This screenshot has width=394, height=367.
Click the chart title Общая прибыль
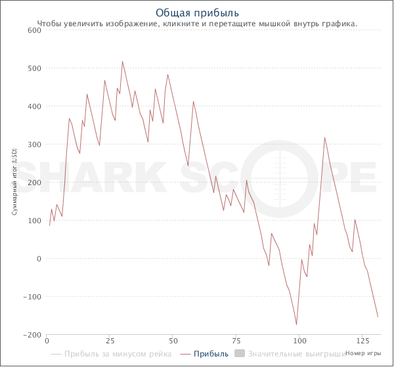click(x=197, y=13)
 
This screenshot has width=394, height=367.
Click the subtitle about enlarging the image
click(x=197, y=24)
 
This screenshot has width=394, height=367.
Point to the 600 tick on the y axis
click(x=34, y=30)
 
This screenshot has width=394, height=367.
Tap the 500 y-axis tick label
click(x=34, y=68)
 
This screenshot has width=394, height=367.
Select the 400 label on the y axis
click(x=34, y=106)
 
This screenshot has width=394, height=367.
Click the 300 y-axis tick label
click(x=34, y=144)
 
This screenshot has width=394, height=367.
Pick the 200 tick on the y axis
click(x=34, y=183)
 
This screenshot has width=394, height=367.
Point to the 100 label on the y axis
click(x=34, y=221)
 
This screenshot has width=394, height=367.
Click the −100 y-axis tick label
click(x=32, y=297)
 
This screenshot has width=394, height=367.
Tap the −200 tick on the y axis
click(x=32, y=335)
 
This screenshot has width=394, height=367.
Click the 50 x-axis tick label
click(x=173, y=341)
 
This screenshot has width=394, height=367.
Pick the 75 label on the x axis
click(x=236, y=341)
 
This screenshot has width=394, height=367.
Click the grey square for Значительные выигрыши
click(x=240, y=354)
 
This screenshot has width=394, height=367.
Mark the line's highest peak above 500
click(x=122, y=62)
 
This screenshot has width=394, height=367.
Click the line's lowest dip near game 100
click(x=296, y=324)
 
